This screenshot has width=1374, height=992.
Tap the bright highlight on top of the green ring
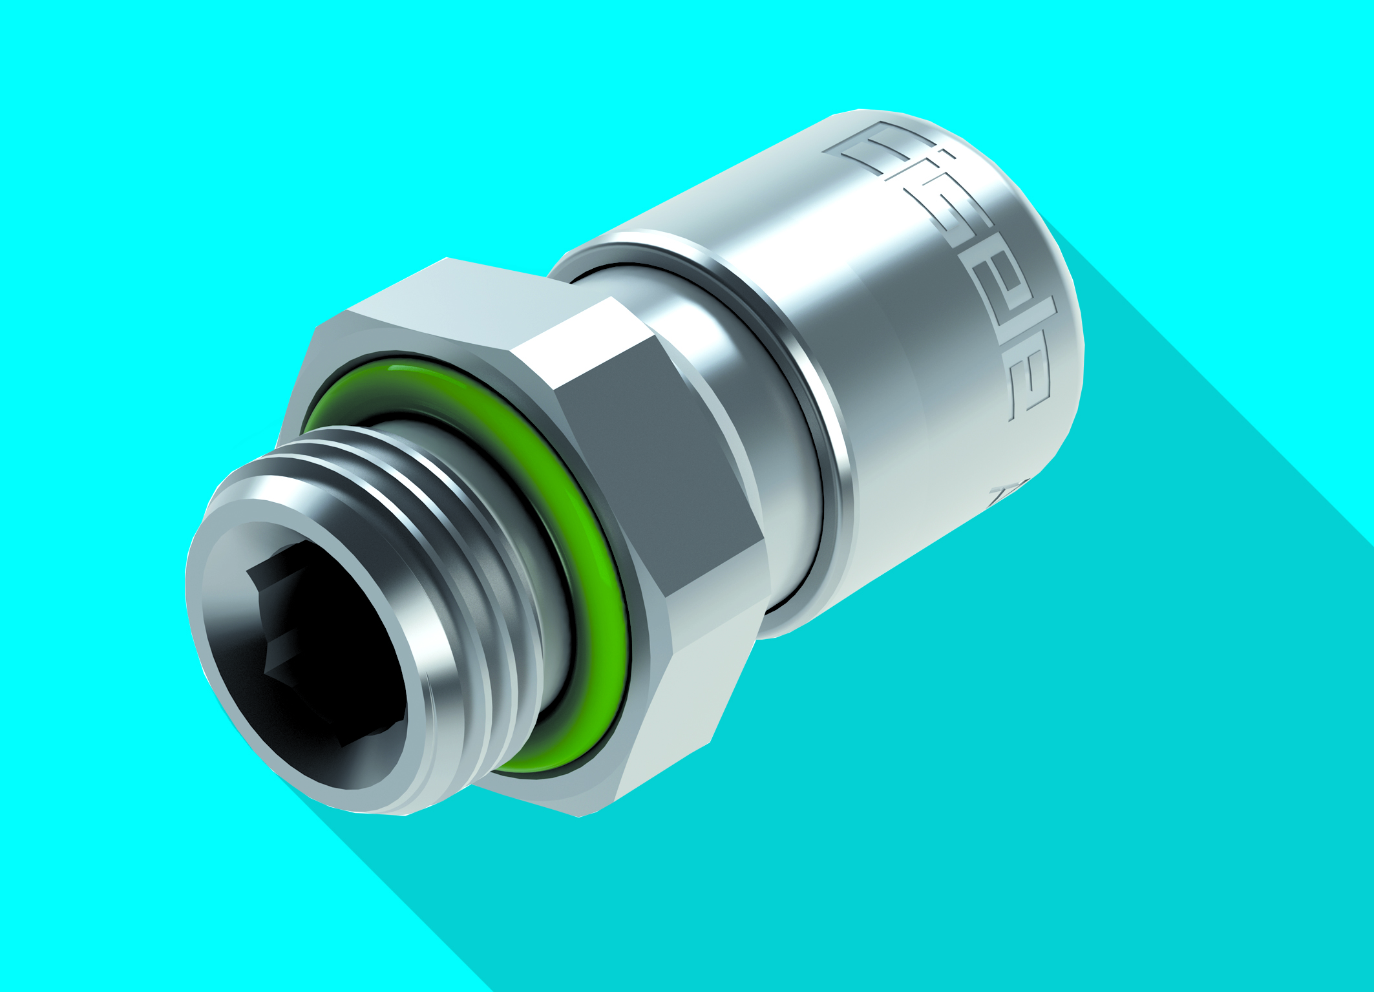tap(414, 373)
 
